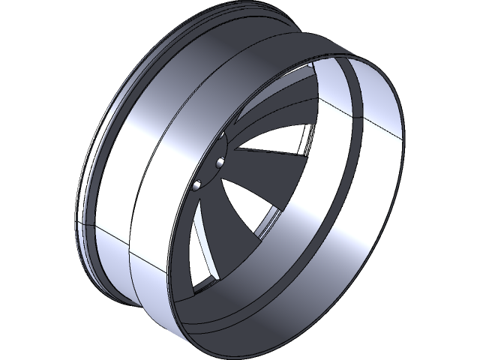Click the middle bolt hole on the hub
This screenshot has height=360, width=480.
[x=220, y=163]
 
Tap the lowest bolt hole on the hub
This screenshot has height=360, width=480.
[x=196, y=184]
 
